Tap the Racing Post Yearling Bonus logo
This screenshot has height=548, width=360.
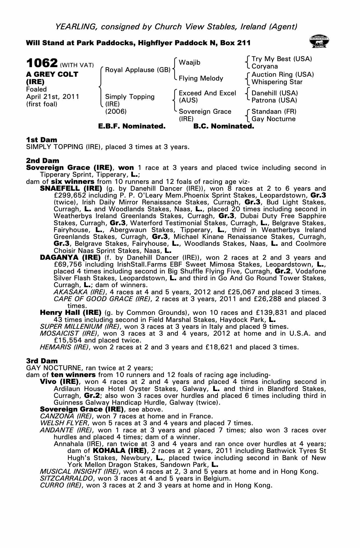coord(319,42)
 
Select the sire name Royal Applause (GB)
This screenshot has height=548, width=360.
coord(138,70)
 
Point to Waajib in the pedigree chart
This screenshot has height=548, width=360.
coord(189,62)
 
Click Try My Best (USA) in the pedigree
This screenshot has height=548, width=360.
coord(282,59)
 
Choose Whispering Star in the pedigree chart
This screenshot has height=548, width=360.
coord(277,82)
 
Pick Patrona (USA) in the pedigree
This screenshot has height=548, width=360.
coord(274,100)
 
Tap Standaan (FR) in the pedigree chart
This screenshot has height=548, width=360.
coord(274,112)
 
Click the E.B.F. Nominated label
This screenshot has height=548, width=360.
coord(132,126)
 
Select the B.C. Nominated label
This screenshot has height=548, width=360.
coord(224,126)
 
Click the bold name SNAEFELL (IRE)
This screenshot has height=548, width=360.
coord(71,189)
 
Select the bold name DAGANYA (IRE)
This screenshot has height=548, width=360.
coord(70,258)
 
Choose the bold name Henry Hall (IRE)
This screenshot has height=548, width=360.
coord(71,313)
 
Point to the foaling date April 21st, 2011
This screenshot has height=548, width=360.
coord(53,97)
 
